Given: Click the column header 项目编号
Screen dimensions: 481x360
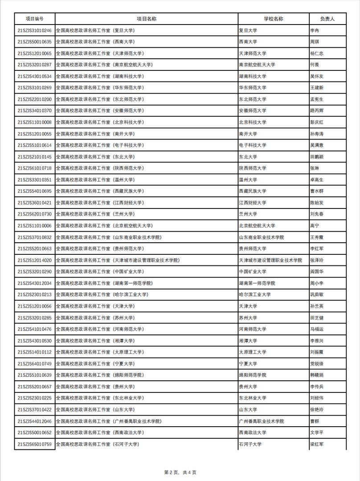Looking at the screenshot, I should [35, 19].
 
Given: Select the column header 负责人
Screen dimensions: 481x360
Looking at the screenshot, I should [327, 19].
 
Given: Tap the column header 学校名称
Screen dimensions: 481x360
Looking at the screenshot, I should [273, 19].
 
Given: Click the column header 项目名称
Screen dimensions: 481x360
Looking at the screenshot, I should [146, 19].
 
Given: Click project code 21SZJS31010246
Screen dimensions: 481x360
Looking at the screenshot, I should [35, 30].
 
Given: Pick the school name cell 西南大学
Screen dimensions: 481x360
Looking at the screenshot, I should [248, 42].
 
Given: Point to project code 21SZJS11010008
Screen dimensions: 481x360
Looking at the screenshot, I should [35, 122].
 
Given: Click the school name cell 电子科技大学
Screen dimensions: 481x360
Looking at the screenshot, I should [253, 145].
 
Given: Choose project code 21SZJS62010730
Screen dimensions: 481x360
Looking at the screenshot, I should [35, 214].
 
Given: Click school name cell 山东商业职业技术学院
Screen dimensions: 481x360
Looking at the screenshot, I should [262, 237].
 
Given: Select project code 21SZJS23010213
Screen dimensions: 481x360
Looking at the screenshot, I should [35, 294].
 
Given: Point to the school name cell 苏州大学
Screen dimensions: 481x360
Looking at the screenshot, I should [248, 318].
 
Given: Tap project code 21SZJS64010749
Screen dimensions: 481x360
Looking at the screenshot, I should [35, 363].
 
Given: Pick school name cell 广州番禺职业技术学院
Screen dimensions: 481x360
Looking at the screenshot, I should [262, 421].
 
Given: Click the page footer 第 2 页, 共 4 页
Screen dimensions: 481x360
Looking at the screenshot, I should [180, 472].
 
